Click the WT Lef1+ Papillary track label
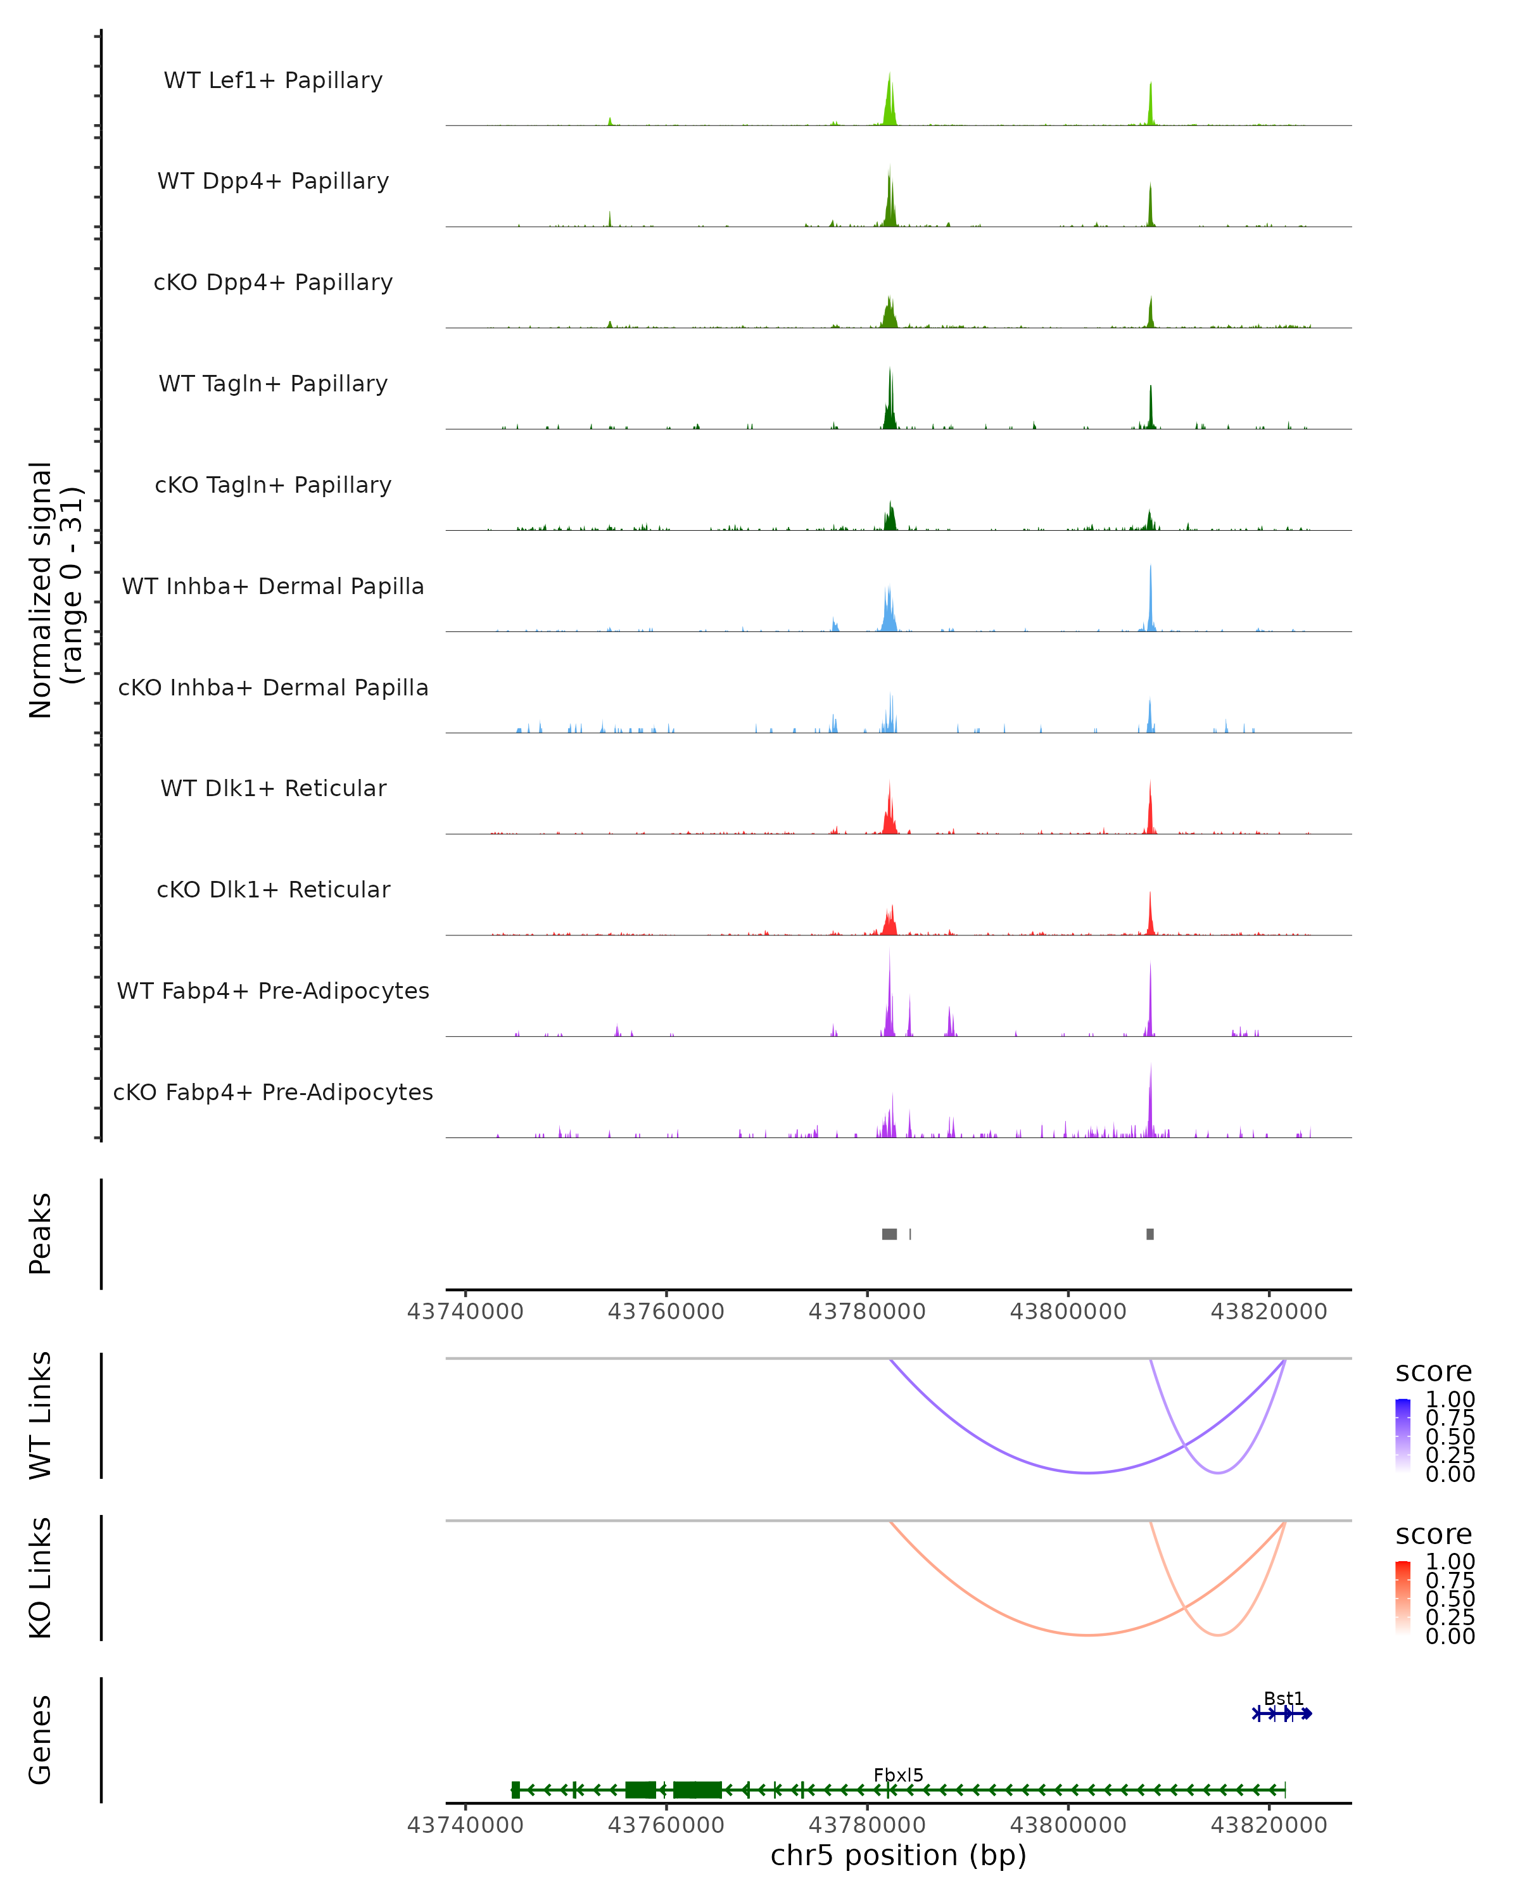pos(273,80)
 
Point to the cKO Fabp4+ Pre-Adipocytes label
pos(273,1092)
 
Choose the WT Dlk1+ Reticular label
pos(273,788)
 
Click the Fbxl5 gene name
pos(898,1775)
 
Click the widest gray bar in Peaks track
pos(889,1234)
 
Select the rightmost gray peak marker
pos(1150,1234)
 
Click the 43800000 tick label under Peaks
pos(1068,1312)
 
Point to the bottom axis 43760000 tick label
pos(666,1825)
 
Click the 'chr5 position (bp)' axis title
pos(898,1856)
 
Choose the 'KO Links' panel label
pos(41,1578)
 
